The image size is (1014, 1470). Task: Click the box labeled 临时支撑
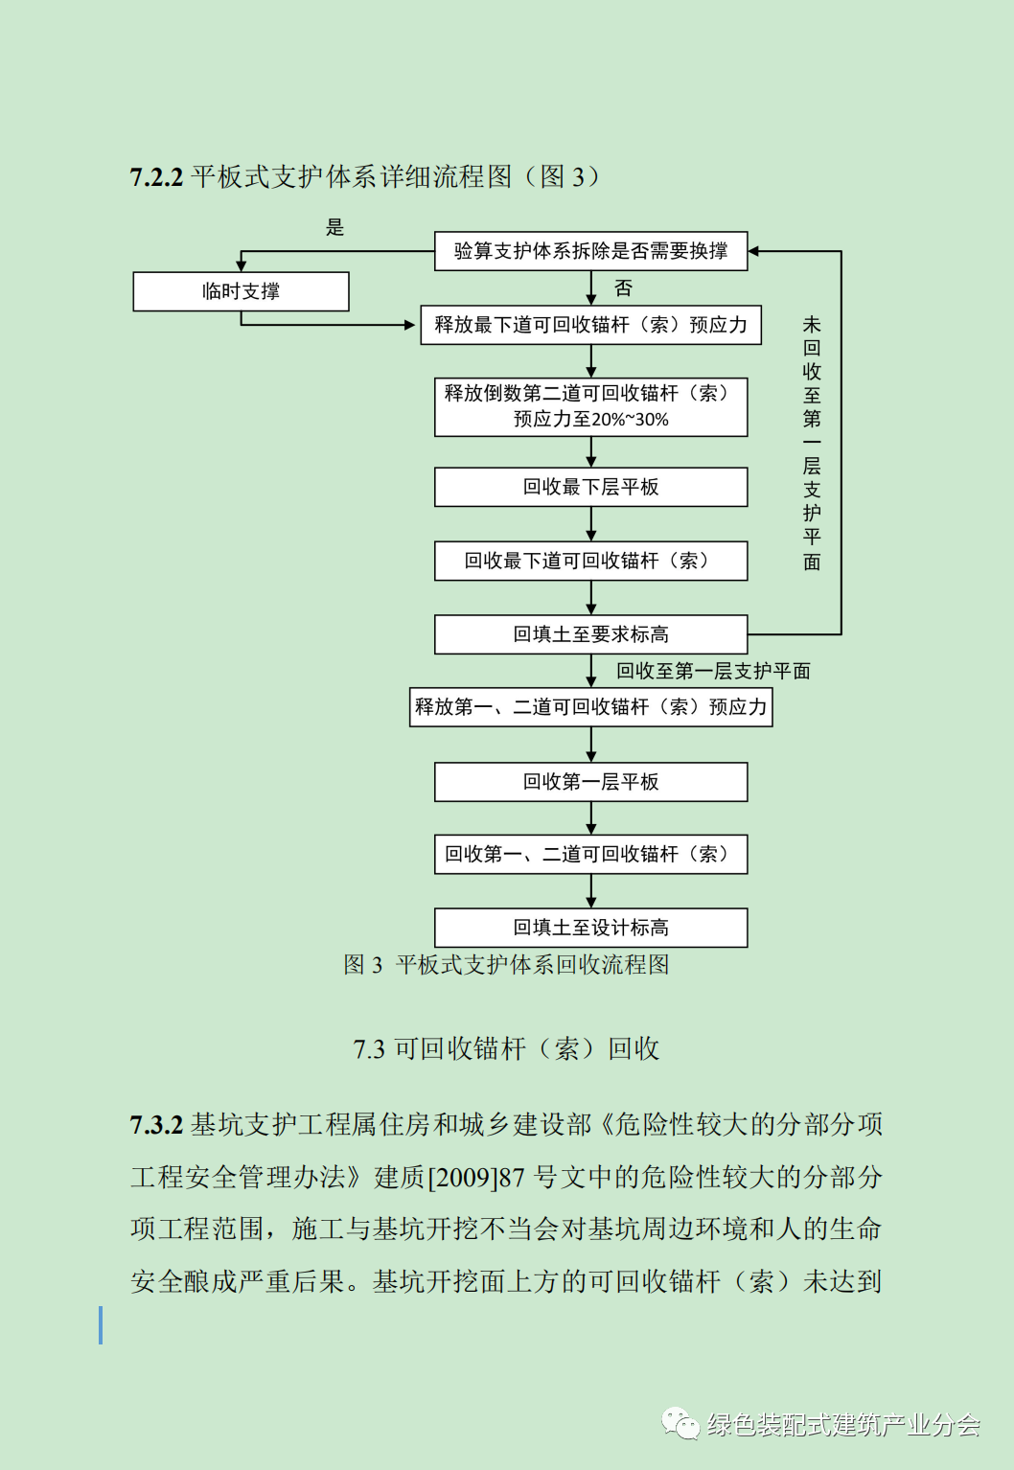[241, 291]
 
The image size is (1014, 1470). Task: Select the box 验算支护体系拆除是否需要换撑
[590, 251]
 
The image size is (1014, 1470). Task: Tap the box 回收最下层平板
[590, 487]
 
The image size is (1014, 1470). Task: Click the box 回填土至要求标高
[590, 634]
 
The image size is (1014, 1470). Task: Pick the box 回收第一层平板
[590, 782]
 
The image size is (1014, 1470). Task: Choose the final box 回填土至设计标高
[590, 928]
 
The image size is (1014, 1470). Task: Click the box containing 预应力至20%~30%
[590, 407]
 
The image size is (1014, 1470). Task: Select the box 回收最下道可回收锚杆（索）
[590, 561]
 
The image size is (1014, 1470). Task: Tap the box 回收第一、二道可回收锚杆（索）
[590, 854]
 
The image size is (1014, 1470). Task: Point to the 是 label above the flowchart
[334, 227]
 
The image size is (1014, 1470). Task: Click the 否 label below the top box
[623, 287]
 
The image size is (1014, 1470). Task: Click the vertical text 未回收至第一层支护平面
[812, 443]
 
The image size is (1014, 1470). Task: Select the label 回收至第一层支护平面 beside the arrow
[713, 671]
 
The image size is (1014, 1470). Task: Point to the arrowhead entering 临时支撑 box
[242, 265]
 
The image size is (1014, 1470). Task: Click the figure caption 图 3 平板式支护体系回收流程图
[506, 965]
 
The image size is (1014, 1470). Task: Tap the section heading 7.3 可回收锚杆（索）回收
[506, 1049]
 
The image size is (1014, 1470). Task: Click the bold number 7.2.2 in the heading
[156, 177]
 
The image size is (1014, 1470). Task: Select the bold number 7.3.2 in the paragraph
[156, 1125]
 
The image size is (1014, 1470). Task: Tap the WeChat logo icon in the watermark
[680, 1424]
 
